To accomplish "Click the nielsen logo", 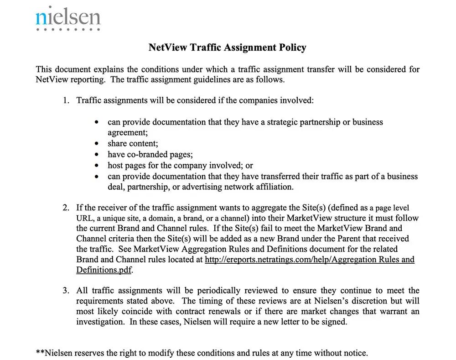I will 68,18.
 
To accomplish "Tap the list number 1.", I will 66,100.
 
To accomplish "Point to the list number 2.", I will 66,207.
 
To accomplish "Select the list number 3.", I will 66,291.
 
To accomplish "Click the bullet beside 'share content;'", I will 96,144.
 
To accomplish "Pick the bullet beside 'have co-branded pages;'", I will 96,154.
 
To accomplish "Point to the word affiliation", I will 274,187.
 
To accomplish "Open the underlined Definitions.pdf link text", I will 104,270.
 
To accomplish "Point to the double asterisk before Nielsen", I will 40,352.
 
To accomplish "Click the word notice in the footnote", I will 355,353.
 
